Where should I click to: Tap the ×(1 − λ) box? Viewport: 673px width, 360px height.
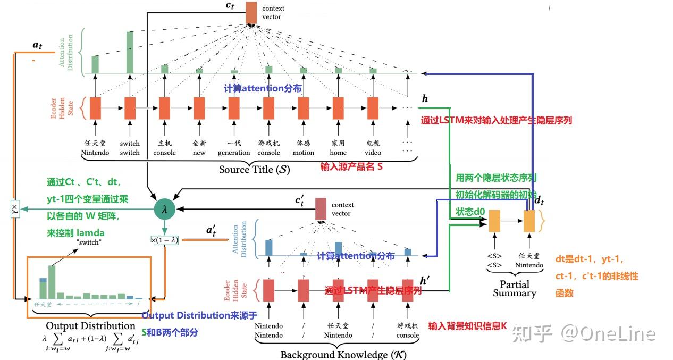pos(164,240)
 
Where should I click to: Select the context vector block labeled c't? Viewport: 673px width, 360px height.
pos(321,209)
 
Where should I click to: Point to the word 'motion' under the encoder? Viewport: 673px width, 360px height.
pos(304,153)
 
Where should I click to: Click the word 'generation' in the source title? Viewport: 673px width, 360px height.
pos(234,153)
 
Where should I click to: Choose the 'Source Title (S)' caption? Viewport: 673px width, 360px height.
pos(255,169)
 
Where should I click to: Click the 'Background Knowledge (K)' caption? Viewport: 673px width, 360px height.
pos(343,355)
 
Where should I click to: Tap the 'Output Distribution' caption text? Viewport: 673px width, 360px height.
pos(91,325)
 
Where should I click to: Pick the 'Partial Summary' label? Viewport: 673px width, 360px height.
pos(515,289)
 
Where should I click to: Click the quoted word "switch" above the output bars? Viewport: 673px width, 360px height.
pos(89,242)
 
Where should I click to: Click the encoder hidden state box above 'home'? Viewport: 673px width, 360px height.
pos(338,108)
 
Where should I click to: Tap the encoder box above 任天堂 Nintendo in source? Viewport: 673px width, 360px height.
pos(95,108)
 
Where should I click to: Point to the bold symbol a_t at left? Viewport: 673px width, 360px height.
pos(37,45)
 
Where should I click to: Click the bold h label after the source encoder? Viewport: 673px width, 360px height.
pos(424,99)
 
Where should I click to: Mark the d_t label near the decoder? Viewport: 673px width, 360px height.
pos(539,200)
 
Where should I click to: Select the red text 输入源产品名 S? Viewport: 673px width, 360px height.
pos(351,166)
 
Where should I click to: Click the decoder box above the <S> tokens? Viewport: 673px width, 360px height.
pos(494,221)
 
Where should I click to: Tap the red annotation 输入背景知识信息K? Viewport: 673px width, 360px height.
pos(467,326)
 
